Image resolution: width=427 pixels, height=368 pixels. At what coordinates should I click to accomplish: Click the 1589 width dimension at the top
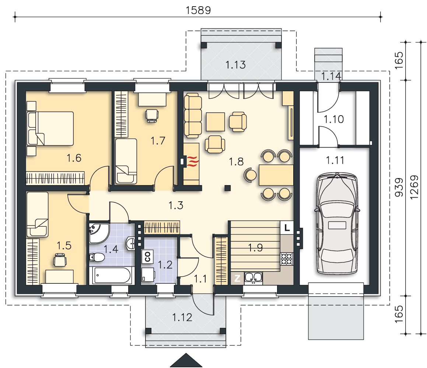198,10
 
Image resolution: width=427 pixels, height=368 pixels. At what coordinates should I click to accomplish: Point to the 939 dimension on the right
399,187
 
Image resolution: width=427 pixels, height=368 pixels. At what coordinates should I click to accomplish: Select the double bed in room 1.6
50,128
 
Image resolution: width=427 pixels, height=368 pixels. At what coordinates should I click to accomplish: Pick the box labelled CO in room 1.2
147,257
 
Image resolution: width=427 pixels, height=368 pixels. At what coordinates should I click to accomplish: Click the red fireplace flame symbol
193,161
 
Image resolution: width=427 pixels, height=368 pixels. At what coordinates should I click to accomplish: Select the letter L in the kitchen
287,227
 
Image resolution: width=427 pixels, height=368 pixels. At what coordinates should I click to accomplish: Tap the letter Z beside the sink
237,278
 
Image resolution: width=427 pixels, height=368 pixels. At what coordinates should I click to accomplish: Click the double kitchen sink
253,278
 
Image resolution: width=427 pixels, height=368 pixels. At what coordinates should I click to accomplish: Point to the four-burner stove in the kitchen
287,259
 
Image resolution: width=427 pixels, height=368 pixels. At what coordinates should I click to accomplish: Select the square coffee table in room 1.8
215,122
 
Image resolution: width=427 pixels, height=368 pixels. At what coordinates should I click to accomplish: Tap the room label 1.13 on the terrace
235,65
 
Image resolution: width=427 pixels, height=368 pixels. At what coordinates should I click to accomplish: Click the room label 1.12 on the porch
182,317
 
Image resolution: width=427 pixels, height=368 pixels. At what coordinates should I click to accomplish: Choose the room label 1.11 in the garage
335,160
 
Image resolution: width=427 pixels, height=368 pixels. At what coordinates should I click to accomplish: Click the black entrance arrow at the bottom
186,360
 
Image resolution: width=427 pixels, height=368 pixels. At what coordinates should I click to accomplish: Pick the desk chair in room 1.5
60,259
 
